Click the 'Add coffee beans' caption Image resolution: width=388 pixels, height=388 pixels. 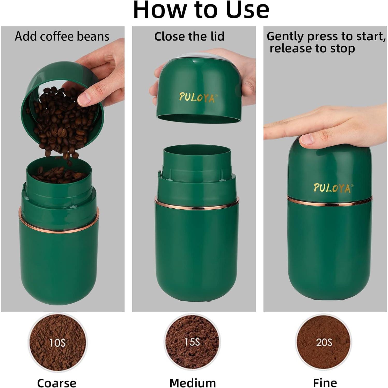coord(62,36)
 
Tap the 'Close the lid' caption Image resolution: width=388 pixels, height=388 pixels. coord(189,36)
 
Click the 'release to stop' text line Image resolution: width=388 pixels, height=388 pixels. coord(312,48)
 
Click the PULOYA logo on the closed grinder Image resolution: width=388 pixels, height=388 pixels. coord(333,188)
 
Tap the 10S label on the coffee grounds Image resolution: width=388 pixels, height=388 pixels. coord(57,343)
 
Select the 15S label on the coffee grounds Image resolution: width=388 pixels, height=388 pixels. coord(192,342)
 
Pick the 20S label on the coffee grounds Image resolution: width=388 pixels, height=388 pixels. coord(324,342)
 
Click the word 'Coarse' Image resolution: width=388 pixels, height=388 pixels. coord(57,383)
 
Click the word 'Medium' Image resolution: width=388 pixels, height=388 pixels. coord(193,383)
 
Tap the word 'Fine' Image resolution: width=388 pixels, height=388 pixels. coord(325,382)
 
